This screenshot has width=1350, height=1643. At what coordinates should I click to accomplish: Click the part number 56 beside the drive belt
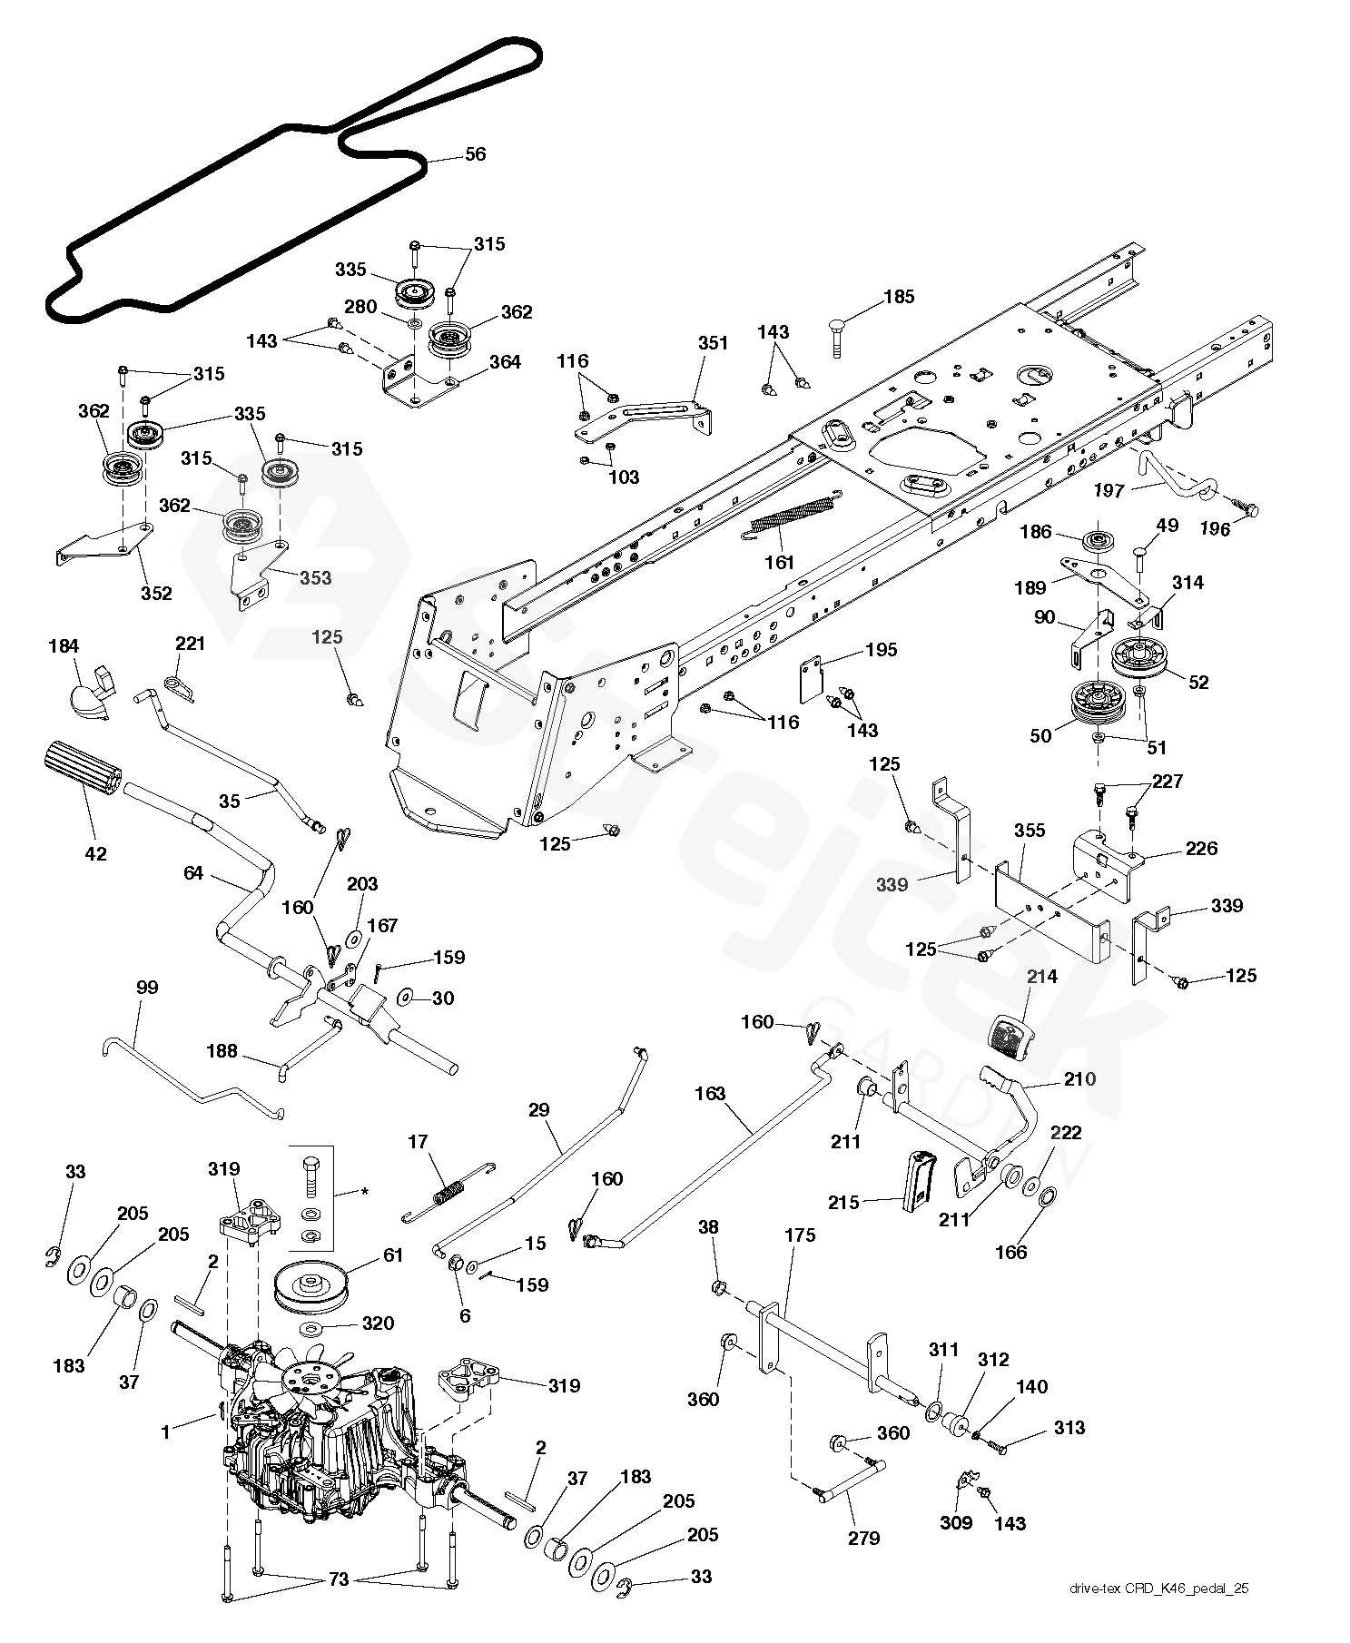tap(475, 154)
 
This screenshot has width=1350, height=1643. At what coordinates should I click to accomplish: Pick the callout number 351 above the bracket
tap(713, 343)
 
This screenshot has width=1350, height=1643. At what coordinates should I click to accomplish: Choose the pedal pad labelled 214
tap(1008, 1037)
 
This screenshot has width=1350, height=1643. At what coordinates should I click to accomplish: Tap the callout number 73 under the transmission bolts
tap(338, 1605)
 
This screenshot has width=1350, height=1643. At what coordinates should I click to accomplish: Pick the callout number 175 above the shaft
tap(800, 1235)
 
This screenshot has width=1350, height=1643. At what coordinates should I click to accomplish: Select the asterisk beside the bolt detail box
tap(364, 1190)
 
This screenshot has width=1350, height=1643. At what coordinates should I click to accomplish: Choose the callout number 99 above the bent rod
tap(146, 987)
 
